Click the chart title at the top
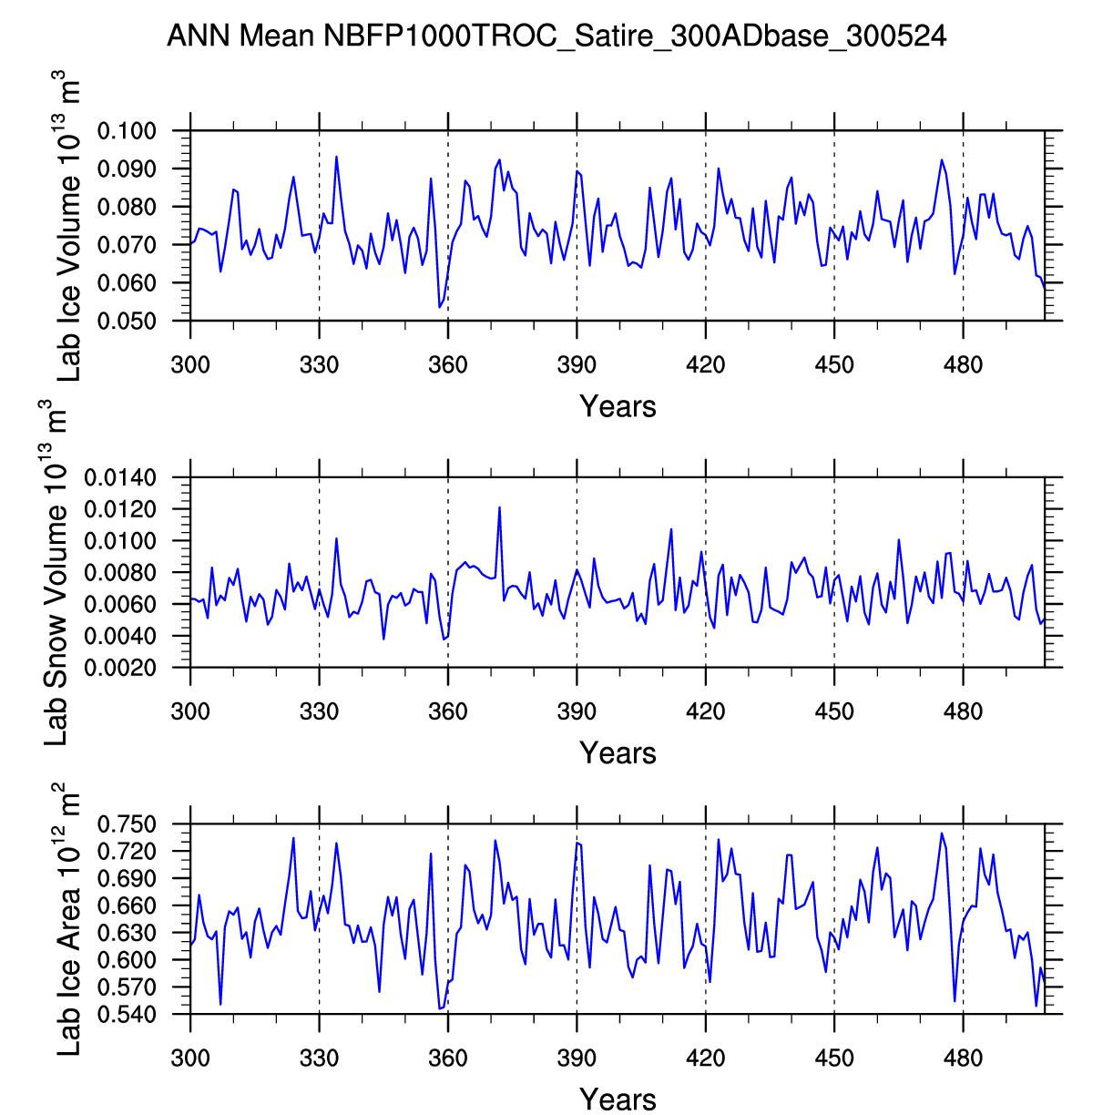556,36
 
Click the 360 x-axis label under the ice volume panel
448,366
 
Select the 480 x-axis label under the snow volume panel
964,712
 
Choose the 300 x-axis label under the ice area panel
190,1059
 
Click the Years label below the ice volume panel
618,406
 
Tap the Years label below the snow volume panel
618,753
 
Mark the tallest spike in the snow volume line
499,507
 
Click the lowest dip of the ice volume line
439,307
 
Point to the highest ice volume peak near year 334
336,157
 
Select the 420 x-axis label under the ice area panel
706,1059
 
